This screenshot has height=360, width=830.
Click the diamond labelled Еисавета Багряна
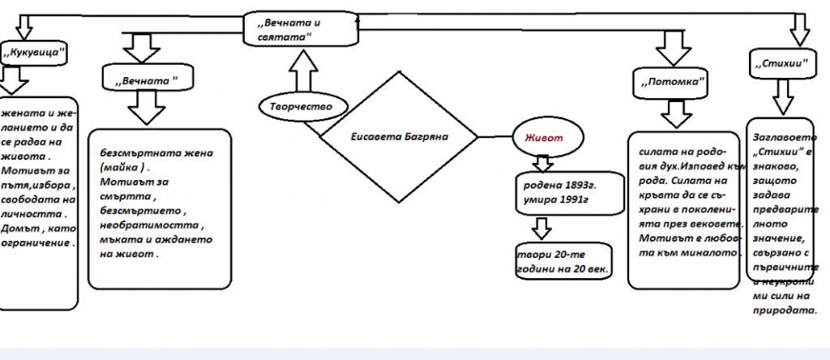tap(398, 135)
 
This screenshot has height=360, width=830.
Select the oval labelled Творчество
tap(296, 106)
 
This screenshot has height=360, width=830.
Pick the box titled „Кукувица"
tap(33, 54)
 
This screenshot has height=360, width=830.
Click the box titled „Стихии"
tap(777, 62)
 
